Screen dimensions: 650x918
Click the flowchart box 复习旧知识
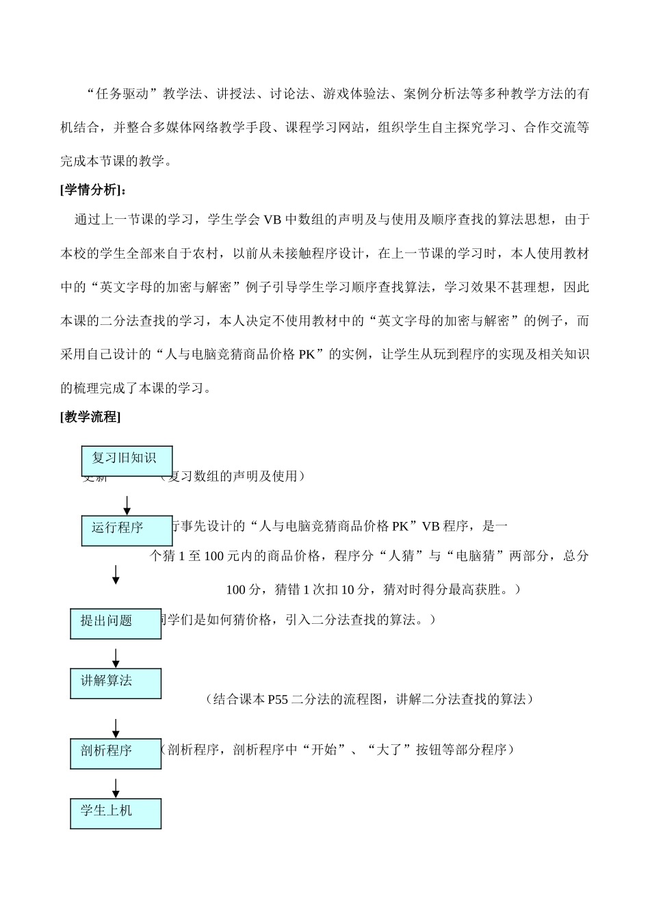(x=127, y=460)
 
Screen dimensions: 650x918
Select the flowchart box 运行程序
(x=127, y=530)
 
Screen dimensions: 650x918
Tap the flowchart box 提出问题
(x=116, y=623)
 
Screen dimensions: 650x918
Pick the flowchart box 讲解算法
(x=116, y=683)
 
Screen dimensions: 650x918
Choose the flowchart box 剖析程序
(x=116, y=752)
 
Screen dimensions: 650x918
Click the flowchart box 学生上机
(x=116, y=813)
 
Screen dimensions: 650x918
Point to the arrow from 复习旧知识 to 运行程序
(x=127, y=505)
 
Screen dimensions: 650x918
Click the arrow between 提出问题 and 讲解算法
(x=116, y=657)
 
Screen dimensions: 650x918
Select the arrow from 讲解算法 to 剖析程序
(x=116, y=728)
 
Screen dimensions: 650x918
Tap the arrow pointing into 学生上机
(x=116, y=787)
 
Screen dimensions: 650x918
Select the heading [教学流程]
(x=90, y=417)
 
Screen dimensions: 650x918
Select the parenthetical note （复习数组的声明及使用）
(x=229, y=476)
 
